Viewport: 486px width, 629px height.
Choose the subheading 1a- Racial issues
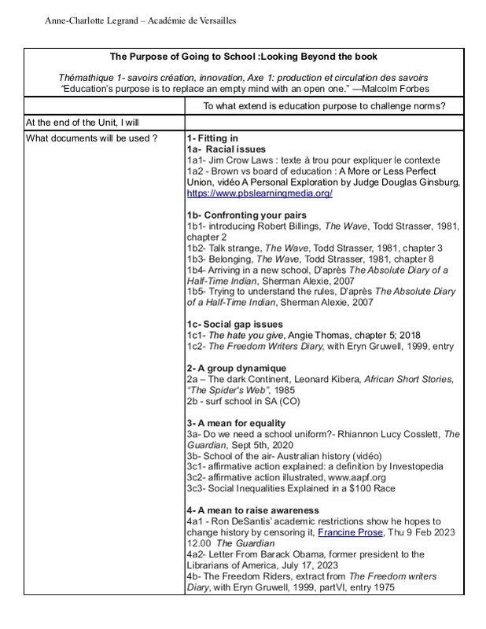[x=226, y=149]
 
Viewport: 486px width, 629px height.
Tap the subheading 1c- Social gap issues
[x=234, y=325]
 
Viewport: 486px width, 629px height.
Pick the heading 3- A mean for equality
[x=236, y=423]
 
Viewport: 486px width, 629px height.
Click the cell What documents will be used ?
[x=91, y=138]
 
